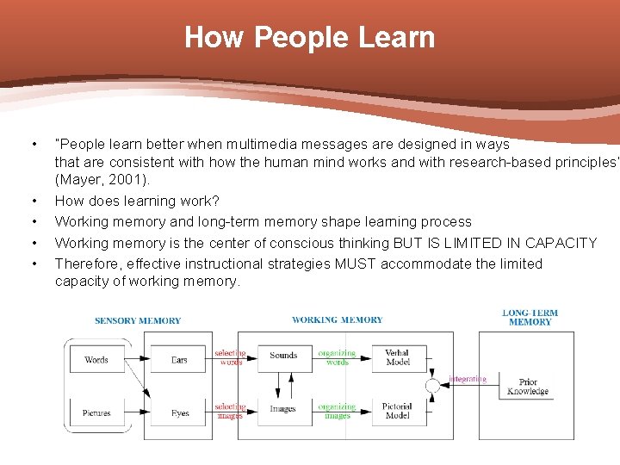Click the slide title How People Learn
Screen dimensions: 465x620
(309, 38)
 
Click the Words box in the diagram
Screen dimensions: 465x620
(96, 359)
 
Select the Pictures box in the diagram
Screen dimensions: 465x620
(96, 412)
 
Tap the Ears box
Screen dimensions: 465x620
(179, 359)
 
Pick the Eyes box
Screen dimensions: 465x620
(179, 412)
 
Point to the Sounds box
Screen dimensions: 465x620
(283, 355)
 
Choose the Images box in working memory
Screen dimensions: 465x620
(282, 409)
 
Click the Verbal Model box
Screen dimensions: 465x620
(398, 357)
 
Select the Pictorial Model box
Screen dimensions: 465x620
(398, 410)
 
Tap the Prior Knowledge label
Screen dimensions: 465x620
(528, 387)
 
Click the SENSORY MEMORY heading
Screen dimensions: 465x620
(138, 321)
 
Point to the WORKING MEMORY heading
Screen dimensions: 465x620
(337, 320)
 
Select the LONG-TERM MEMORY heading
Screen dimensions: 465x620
(530, 318)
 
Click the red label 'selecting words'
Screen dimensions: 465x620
(231, 357)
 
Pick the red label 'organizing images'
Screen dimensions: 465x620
(337, 412)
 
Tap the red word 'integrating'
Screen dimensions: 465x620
(468, 379)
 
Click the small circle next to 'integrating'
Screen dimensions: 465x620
(433, 386)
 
